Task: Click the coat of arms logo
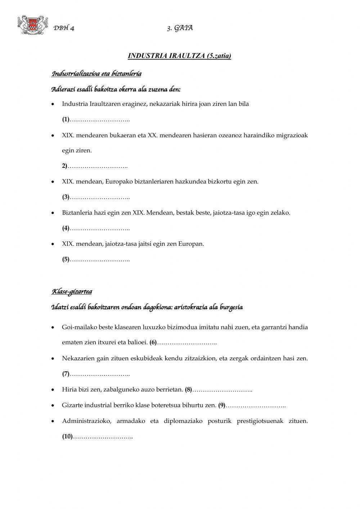point(32,26)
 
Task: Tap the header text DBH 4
point(64,28)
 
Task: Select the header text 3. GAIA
point(180,28)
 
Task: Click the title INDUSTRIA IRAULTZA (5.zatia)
point(179,56)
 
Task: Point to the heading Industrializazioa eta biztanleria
point(96,74)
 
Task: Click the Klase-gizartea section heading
point(72,291)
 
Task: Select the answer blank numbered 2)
point(98,166)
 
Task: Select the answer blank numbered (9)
point(256,405)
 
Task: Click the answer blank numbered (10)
point(103,437)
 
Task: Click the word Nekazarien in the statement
point(77,358)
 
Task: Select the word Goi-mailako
point(77,327)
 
